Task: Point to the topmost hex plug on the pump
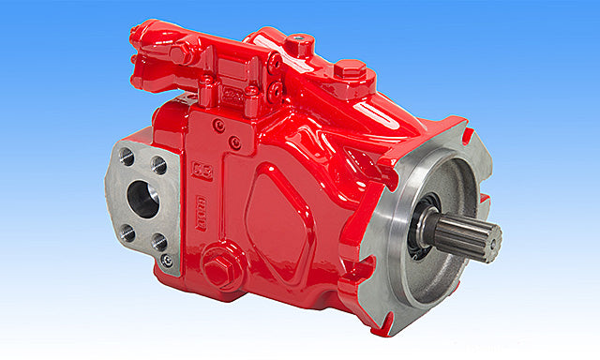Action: tap(298, 44)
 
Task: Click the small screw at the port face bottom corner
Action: tap(166, 261)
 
